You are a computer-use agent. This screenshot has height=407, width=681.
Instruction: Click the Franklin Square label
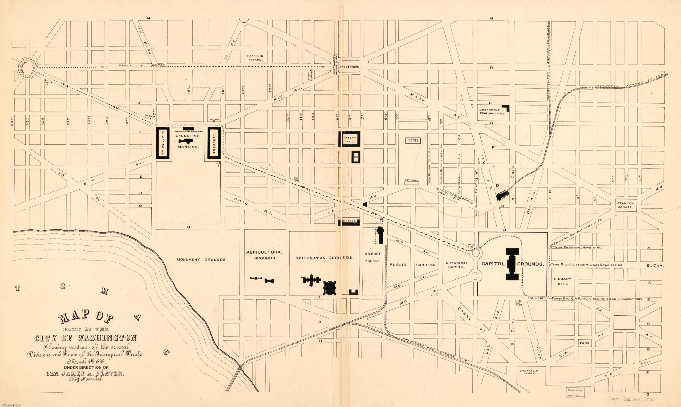tap(255, 58)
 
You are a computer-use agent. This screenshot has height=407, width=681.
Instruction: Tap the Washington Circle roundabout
tap(27, 68)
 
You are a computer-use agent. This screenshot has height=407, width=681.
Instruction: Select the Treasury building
tap(214, 142)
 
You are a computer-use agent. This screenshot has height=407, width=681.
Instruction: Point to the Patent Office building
tap(349, 139)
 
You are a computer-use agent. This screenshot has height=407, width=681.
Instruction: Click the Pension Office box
tap(413, 140)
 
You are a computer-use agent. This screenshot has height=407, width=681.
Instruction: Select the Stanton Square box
tap(625, 205)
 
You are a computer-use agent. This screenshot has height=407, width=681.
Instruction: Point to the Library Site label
tap(563, 281)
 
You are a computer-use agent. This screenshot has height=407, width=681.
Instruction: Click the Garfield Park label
tap(529, 372)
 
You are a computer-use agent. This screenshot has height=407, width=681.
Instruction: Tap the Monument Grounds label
tap(202, 260)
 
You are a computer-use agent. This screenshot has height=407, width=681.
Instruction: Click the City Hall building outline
tap(412, 183)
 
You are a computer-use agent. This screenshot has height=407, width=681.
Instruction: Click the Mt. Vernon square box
tap(349, 66)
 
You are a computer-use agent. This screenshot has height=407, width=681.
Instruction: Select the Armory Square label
tap(373, 257)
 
